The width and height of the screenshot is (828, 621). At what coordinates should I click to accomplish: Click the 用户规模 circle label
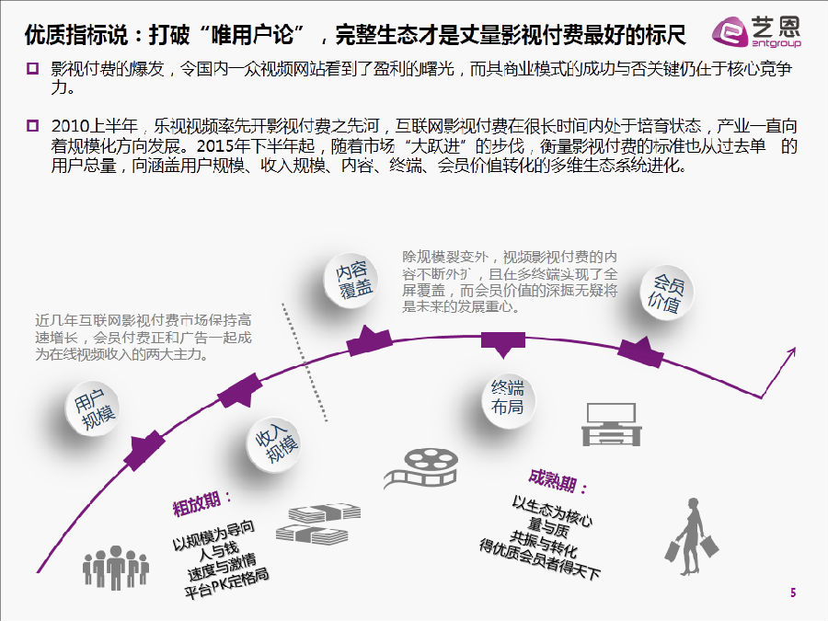(92, 408)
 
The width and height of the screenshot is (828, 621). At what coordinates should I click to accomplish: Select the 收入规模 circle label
(274, 444)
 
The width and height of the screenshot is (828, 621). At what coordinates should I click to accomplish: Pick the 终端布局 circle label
(508, 398)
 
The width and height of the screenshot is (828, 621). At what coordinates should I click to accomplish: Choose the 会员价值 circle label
(666, 292)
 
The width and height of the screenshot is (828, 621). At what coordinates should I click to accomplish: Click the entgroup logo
(755, 31)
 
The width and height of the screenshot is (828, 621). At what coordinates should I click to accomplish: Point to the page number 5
(793, 593)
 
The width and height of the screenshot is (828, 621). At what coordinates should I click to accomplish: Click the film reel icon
(420, 468)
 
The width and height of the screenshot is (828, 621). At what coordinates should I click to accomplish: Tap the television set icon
(612, 424)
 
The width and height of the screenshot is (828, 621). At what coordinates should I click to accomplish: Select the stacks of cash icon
(318, 523)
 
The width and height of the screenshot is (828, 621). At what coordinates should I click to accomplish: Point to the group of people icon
(116, 568)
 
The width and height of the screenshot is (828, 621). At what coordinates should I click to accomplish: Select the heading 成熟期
(558, 481)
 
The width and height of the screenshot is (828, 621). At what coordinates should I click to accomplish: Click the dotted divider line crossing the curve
(305, 362)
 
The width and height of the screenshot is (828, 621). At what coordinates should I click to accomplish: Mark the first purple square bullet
(33, 68)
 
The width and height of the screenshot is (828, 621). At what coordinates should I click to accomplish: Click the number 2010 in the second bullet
(71, 126)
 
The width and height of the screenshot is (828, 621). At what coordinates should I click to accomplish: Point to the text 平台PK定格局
(226, 583)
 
